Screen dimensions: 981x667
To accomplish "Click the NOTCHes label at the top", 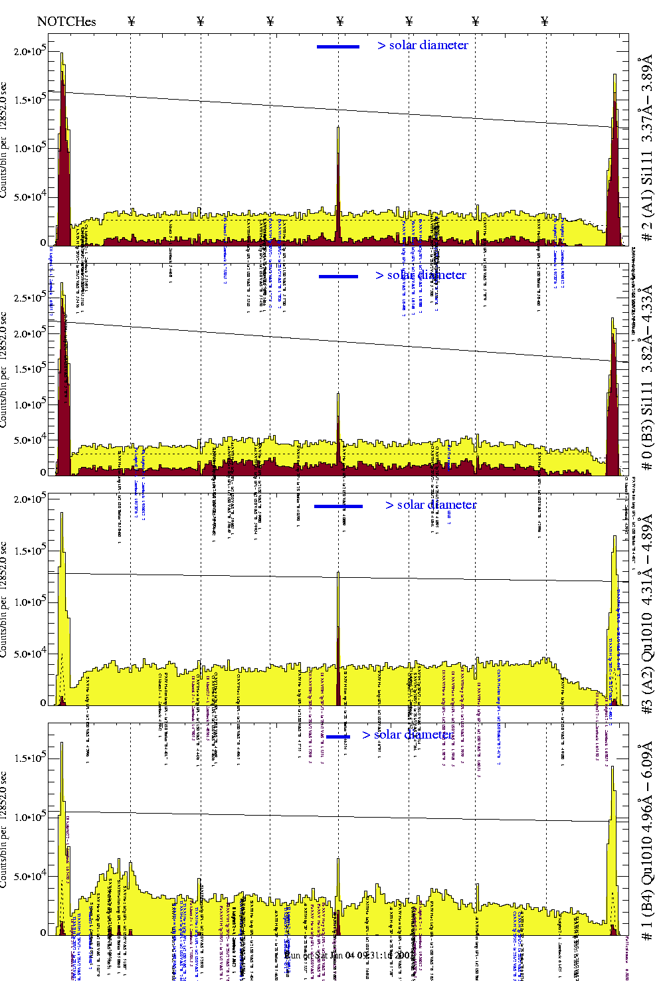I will (x=66, y=21).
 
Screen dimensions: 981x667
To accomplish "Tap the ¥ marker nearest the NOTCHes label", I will (x=131, y=21).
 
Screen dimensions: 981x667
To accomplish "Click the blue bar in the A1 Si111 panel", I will (x=338, y=46).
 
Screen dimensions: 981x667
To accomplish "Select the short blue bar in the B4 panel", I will (x=338, y=736).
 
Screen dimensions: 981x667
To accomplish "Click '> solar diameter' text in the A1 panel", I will (x=423, y=45).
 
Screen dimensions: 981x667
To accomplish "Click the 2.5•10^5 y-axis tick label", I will (x=30, y=298).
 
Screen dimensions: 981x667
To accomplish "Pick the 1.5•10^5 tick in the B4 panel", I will (x=30, y=758).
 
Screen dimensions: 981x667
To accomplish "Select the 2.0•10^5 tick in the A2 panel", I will (x=30, y=499).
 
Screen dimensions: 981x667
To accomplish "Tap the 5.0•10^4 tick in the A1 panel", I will (x=30, y=197).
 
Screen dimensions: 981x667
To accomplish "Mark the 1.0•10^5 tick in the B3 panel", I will (x=30, y=404).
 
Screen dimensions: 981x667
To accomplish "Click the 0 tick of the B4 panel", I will (x=43, y=933).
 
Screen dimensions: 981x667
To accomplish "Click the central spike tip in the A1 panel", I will (x=338, y=128).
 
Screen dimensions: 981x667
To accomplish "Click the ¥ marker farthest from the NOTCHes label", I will (x=545, y=21).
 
